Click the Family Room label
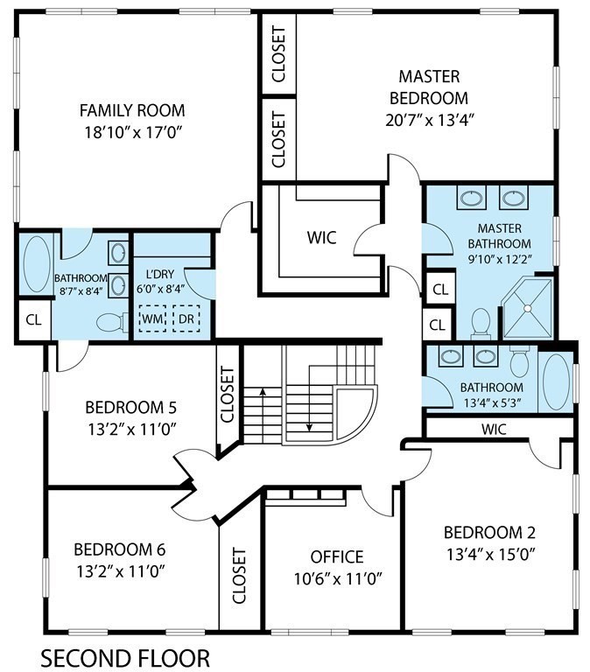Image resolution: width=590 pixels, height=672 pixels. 132,110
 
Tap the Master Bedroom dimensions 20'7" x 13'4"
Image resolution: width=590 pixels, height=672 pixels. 429,121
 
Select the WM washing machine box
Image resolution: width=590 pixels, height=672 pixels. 152,318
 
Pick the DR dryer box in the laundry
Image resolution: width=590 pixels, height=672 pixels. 186,318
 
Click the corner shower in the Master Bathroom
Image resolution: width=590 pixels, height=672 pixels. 527,308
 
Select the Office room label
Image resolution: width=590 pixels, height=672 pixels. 337,556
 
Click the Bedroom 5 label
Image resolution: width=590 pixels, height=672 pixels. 130,407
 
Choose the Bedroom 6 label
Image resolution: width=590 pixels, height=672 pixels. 120,549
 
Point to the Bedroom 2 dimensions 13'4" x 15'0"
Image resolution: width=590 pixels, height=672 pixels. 489,555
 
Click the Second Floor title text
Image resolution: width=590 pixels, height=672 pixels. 125,658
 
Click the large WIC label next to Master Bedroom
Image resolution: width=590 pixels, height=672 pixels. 321,237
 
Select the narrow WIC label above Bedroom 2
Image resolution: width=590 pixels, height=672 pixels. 494,429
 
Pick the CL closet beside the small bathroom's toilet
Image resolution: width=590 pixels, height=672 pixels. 33,319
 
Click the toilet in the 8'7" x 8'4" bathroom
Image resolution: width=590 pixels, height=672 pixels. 112,322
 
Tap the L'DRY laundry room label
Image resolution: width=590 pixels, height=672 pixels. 160,274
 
